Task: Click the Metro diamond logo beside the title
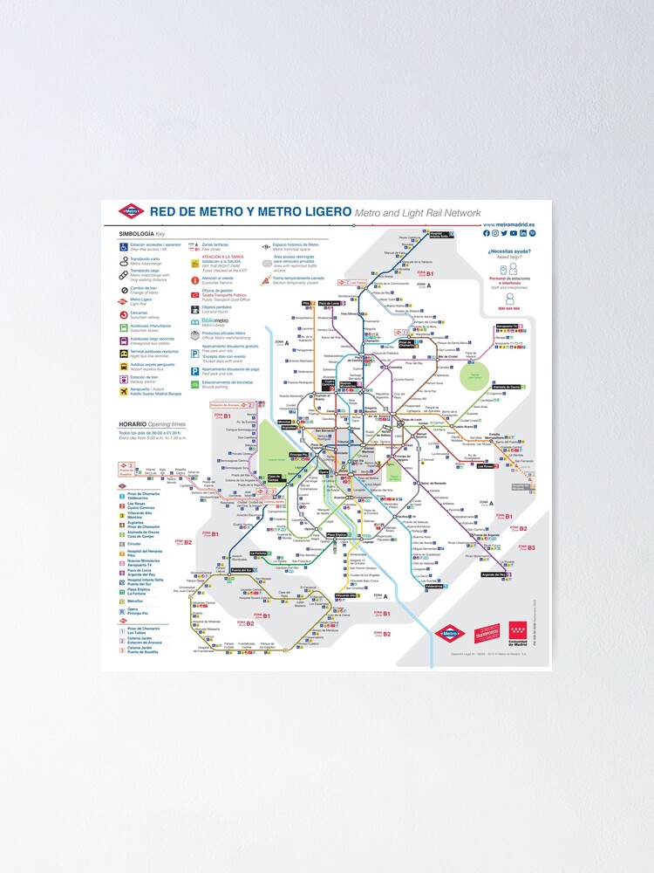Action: [130, 211]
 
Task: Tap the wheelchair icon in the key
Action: [124, 247]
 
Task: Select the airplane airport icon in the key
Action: [124, 391]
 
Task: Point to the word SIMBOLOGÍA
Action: [136, 234]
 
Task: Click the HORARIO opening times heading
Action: [133, 423]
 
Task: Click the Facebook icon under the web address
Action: [486, 233]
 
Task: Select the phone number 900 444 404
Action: [508, 308]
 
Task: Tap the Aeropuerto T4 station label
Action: [508, 327]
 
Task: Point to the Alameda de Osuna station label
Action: [503, 386]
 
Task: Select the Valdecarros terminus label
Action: [434, 587]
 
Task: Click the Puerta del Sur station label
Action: [240, 569]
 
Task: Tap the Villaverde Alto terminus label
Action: [346, 595]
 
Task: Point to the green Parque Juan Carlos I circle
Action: [475, 376]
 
